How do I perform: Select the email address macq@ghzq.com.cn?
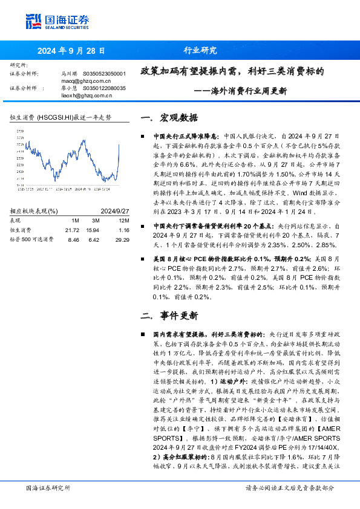coord(85,80)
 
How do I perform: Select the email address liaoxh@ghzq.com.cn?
coord(87,95)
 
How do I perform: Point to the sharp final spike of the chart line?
coord(118,148)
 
